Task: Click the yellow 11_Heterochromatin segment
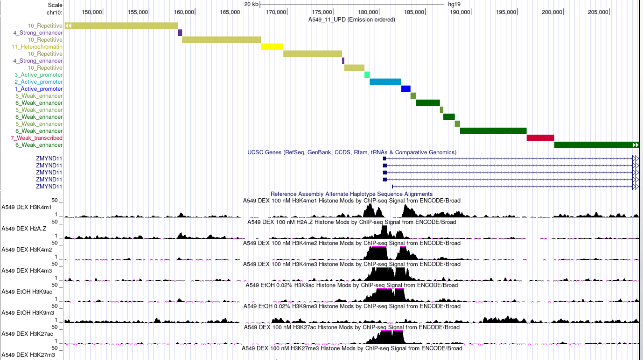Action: tap(272, 47)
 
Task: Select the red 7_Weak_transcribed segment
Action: tap(540, 138)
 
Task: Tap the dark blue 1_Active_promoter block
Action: tap(405, 89)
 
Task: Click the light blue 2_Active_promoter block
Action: tap(385, 82)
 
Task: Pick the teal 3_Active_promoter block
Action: tap(367, 75)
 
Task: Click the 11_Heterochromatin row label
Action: tap(37, 47)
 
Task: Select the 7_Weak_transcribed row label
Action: tap(36, 138)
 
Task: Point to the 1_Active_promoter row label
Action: tap(38, 89)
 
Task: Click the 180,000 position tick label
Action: tap(368, 12)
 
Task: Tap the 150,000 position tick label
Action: tap(91, 12)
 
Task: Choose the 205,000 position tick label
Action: tap(598, 12)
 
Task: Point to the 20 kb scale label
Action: tap(251, 4)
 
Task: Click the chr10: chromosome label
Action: tap(55, 12)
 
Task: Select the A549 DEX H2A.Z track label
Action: tap(24, 229)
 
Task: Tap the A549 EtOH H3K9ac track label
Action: tap(27, 292)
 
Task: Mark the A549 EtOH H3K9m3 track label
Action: tap(27, 313)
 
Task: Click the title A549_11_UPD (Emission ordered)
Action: tap(352, 20)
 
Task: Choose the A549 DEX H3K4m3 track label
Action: tap(26, 271)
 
